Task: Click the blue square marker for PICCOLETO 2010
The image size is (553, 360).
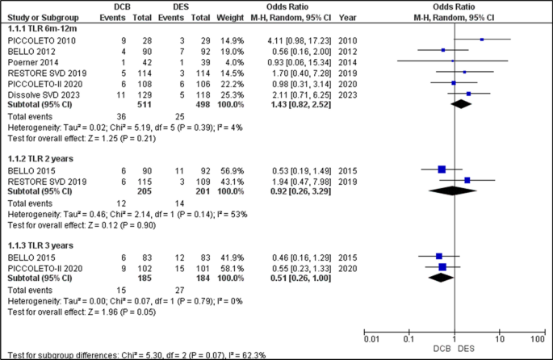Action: (x=482, y=39)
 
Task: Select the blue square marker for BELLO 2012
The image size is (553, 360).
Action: (x=443, y=50)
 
